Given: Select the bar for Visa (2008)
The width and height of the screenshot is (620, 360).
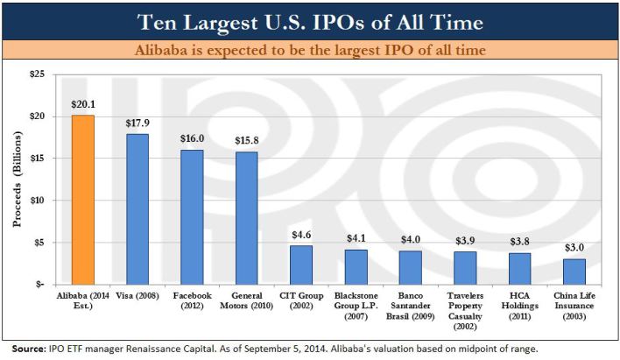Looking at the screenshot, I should (x=137, y=209).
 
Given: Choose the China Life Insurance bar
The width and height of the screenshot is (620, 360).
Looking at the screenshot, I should (x=574, y=272).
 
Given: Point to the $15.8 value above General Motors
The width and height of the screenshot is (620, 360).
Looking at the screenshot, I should (x=246, y=142).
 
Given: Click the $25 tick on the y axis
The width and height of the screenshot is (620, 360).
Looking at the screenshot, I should (x=36, y=74).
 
